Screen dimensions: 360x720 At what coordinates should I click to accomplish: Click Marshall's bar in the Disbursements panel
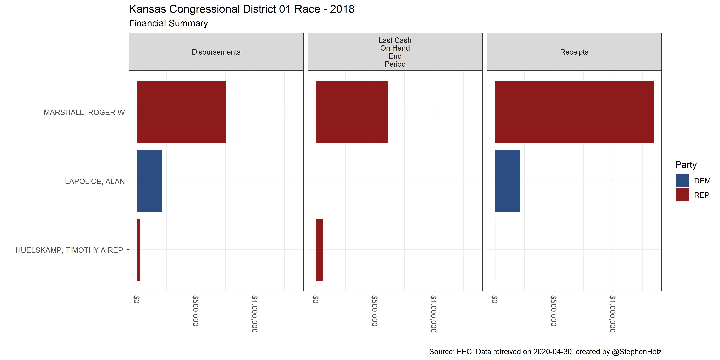tap(181, 112)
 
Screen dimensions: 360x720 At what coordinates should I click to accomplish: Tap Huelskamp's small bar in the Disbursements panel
tap(139, 250)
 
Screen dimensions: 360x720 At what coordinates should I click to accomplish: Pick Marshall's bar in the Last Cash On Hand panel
tap(352, 112)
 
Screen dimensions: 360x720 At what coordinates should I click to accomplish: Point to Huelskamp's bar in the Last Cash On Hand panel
tap(319, 250)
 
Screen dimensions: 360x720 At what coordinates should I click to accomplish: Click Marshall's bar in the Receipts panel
tap(574, 112)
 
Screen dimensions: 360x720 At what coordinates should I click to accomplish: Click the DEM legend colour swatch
tap(682, 180)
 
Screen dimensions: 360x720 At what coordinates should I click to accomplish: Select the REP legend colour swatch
tap(682, 195)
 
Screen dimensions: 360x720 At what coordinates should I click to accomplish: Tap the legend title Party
tap(686, 165)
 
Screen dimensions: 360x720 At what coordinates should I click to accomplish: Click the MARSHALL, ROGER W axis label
tap(84, 112)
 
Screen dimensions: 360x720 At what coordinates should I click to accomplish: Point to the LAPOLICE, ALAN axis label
tap(95, 181)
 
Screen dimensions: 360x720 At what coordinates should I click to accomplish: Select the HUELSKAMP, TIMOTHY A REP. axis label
tap(70, 250)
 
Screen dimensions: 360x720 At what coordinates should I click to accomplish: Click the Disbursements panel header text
tap(216, 52)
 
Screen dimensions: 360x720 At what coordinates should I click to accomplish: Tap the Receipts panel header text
tap(574, 52)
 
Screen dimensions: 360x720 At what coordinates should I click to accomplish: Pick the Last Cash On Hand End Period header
tap(395, 52)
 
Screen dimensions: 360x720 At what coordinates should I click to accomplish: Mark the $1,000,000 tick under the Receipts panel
tap(613, 314)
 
